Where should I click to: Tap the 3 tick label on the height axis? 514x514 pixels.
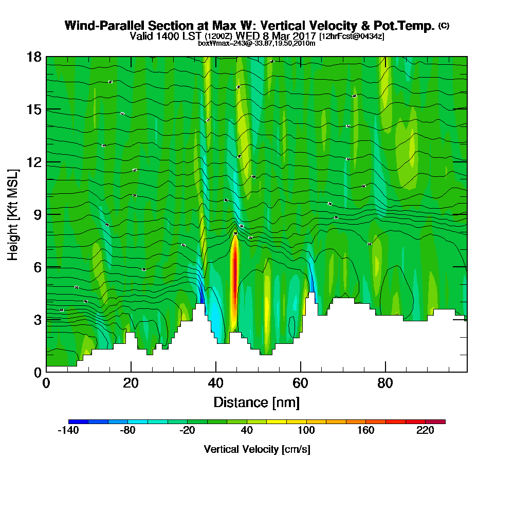36,320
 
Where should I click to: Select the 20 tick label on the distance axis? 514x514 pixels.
131,383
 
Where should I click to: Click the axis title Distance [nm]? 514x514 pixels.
256,402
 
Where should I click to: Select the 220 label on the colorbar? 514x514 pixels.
426,431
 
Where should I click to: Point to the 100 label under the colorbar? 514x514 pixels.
306,431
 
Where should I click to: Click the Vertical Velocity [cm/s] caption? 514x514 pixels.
256,449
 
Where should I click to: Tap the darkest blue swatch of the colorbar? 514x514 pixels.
78,421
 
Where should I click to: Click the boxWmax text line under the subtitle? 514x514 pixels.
256,43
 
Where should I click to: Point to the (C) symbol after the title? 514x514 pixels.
444,26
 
